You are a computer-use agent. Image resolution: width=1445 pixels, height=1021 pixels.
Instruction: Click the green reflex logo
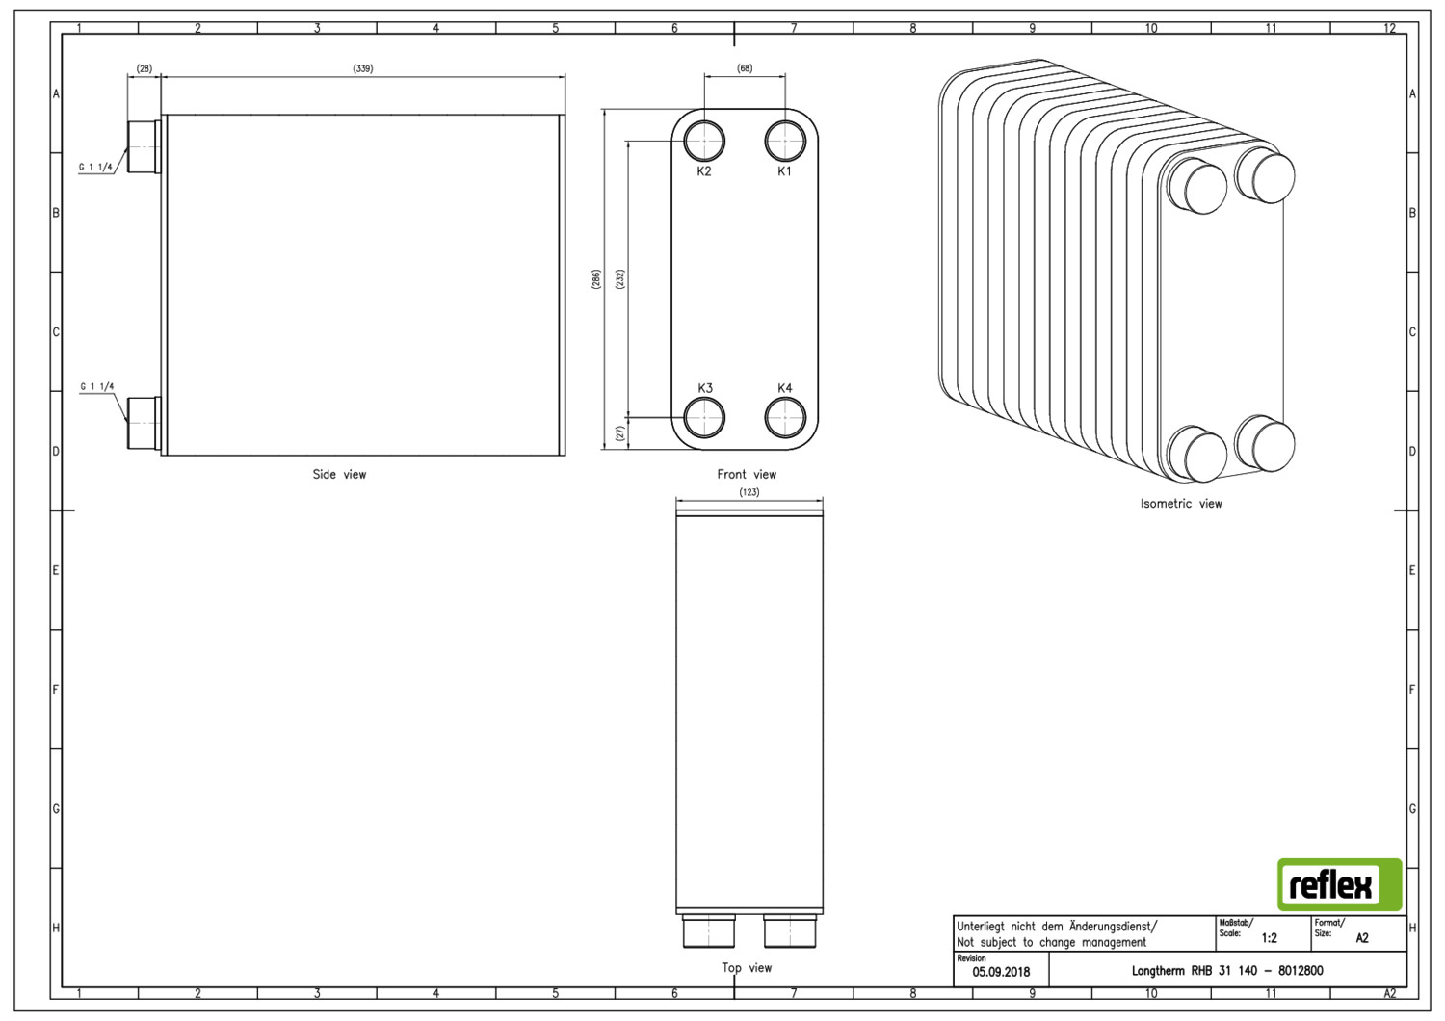pos(1339,884)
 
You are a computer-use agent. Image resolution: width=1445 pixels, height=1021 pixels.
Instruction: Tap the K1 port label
pos(784,170)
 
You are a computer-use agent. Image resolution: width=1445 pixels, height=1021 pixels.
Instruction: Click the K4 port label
pos(784,387)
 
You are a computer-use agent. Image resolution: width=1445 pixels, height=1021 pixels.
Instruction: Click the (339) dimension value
pos(363,68)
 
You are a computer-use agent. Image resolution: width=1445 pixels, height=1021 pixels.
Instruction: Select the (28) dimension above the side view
pos(144,68)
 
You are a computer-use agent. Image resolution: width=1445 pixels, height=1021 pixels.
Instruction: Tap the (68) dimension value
pos(745,68)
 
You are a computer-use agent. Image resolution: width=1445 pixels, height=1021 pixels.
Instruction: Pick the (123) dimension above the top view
pos(749,492)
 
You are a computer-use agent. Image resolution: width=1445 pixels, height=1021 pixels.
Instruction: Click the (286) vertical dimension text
pos(596,278)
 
